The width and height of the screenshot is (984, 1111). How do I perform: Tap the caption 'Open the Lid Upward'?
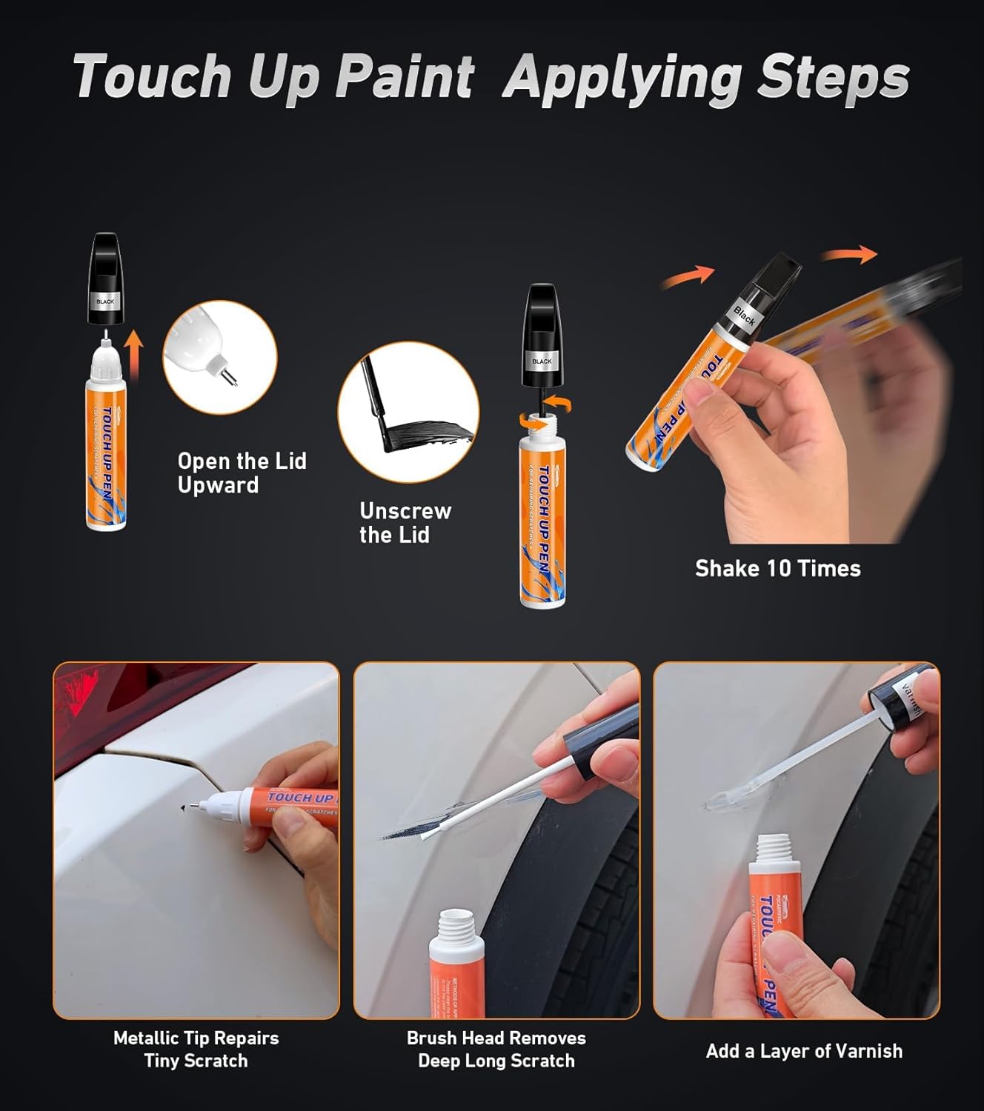coord(242,473)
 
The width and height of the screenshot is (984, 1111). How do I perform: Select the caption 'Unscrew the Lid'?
coord(405,522)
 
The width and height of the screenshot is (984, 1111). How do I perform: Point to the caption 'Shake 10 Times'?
coord(777,568)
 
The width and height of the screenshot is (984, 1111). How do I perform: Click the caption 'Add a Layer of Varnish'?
coord(804,1050)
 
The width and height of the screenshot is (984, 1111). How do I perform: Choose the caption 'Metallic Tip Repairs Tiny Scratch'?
coord(196,1049)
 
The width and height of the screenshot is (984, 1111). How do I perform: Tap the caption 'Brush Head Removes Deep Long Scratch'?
coord(496,1049)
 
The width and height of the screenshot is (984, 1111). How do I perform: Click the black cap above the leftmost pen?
coord(105,279)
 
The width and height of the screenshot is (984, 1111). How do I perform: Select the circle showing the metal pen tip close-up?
coord(220,357)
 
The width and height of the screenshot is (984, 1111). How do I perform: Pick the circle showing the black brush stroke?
coord(408,412)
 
